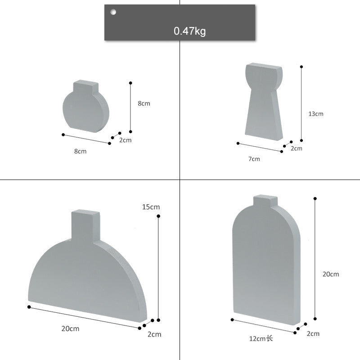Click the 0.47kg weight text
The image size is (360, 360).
[x=189, y=31]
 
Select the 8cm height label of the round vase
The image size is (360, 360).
[x=144, y=103]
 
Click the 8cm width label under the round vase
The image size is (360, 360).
[x=80, y=151]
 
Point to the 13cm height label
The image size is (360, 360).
[x=316, y=114]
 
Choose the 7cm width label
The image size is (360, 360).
[x=254, y=158]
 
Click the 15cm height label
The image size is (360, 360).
[x=151, y=207]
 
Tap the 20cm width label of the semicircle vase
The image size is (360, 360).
[x=70, y=328]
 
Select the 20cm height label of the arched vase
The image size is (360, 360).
[x=331, y=274]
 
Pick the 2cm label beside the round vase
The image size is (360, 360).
[x=125, y=140]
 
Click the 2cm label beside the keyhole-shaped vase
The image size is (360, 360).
[x=297, y=148]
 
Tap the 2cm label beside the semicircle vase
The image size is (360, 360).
[x=154, y=334]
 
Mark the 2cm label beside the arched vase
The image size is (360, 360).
[x=313, y=333]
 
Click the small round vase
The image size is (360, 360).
[x=85, y=108]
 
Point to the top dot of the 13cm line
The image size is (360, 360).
[x=301, y=67]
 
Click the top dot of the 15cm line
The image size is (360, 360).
[x=158, y=217]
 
